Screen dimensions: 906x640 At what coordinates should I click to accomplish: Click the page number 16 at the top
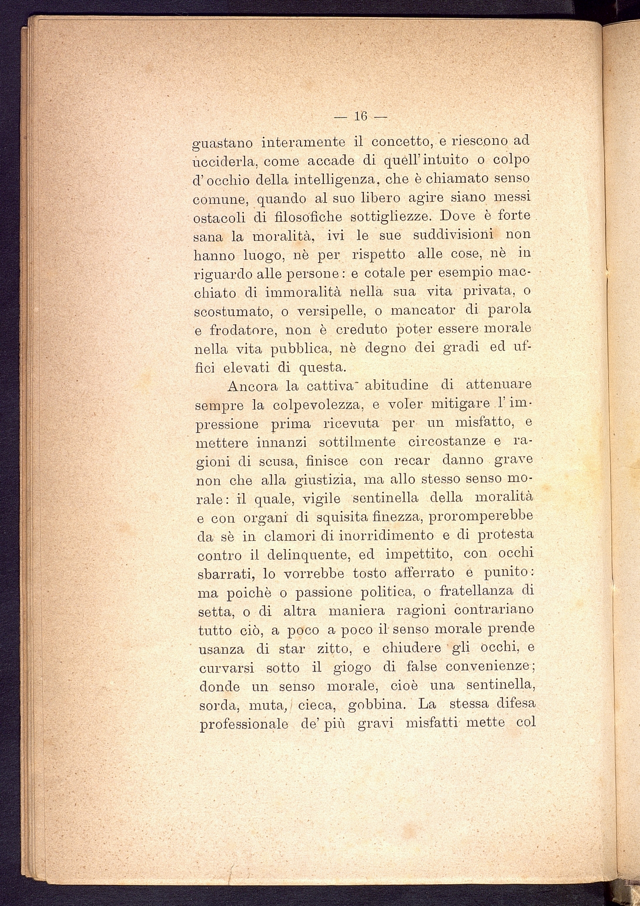coord(361,116)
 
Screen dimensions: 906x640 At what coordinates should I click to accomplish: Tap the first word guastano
coord(223,143)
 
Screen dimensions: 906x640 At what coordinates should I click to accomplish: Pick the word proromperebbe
coord(481,517)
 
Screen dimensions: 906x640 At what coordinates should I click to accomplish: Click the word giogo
coord(352,668)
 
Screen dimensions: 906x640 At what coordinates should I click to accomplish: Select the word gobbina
coord(375,705)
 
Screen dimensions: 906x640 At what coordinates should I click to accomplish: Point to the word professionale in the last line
coord(244,724)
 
